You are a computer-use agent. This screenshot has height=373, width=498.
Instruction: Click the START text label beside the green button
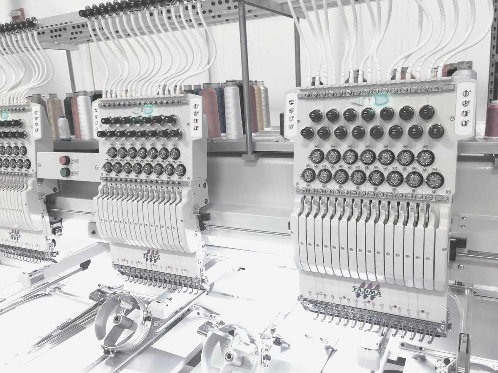[75, 173]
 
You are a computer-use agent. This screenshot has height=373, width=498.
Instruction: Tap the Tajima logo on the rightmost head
[366, 290]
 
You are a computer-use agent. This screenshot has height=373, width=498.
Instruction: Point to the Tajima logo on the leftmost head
[15, 234]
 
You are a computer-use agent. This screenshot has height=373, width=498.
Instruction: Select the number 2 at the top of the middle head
[142, 110]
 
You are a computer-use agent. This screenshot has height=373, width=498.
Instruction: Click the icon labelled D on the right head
[466, 123]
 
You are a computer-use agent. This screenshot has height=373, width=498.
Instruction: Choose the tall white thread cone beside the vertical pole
[233, 110]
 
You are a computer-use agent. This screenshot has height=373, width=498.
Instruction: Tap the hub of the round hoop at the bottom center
[229, 356]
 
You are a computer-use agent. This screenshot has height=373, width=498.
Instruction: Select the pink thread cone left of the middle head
[76, 114]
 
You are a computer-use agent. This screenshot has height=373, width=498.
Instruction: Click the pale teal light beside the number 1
[383, 100]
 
